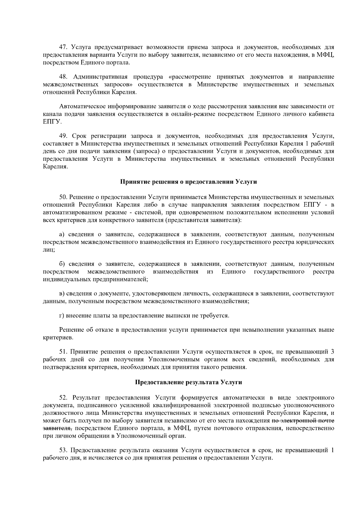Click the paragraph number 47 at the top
click(64, 47)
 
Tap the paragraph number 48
click(64, 77)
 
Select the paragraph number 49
click(64, 136)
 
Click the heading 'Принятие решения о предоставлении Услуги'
click(188, 182)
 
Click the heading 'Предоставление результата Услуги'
click(188, 382)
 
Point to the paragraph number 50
click(64, 197)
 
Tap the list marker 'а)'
click(62, 234)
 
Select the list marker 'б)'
click(62, 264)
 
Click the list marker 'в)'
click(62, 293)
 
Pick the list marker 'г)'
click(61, 316)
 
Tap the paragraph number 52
click(64, 398)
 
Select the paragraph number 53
click(64, 451)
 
